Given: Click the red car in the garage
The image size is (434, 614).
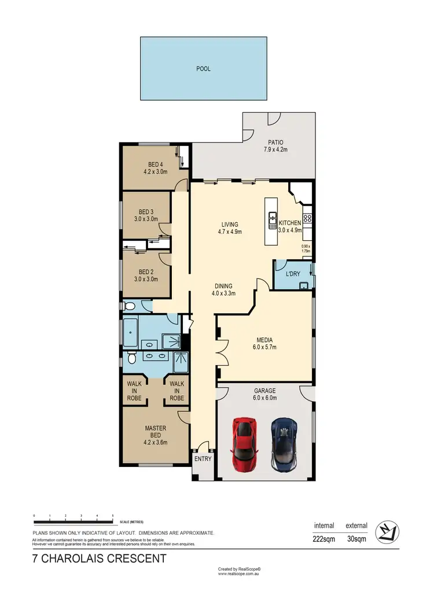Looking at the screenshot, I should [244, 444].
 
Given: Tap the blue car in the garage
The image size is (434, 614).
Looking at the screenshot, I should [284, 444].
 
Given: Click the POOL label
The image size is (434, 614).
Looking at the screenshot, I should [203, 69].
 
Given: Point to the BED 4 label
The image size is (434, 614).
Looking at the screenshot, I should [155, 168].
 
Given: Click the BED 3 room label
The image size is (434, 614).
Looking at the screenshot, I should [146, 216].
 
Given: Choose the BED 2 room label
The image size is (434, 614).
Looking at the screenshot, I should [146, 275].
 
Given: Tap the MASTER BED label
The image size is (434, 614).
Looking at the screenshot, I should [155, 432].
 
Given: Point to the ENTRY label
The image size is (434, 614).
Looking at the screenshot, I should [203, 459].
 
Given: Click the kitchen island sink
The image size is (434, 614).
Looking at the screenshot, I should [271, 218].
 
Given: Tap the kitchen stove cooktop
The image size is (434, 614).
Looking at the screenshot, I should [308, 219].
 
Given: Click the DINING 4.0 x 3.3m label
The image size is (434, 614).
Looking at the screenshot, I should [223, 289].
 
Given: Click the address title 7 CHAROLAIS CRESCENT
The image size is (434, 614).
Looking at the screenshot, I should [99, 559].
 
